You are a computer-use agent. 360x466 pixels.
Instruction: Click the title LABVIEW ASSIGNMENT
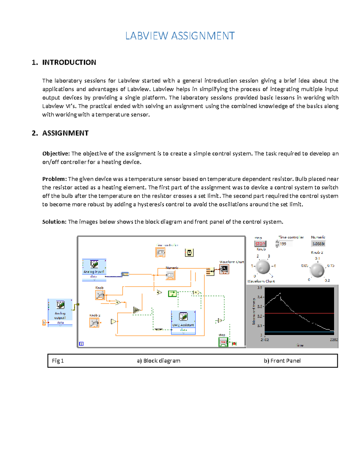pos(180,36)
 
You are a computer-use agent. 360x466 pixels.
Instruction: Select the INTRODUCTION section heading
pos(69,62)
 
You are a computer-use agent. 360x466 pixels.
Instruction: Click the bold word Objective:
pos(56,154)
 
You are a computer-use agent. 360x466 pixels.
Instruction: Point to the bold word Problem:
pos(54,179)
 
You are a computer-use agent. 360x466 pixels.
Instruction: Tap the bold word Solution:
pos(54,222)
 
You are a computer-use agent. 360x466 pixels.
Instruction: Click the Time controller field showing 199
pos(285,244)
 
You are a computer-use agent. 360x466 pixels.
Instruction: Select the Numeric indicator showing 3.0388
pos(318,244)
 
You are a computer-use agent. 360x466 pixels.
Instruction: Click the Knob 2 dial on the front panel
pos(317,270)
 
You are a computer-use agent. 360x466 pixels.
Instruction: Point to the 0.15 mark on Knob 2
pos(331,266)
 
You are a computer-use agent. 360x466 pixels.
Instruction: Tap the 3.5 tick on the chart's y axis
pos(259,288)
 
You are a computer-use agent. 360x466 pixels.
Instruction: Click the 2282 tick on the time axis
pos(334,340)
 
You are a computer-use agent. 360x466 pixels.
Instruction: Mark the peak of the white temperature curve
pos(280,293)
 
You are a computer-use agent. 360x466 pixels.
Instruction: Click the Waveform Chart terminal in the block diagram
pos(224,269)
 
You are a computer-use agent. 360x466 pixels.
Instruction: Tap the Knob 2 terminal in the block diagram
pos(94,323)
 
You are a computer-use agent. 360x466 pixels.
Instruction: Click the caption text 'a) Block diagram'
pos(158,361)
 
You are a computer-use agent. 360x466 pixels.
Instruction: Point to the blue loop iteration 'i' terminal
pos(81,344)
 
